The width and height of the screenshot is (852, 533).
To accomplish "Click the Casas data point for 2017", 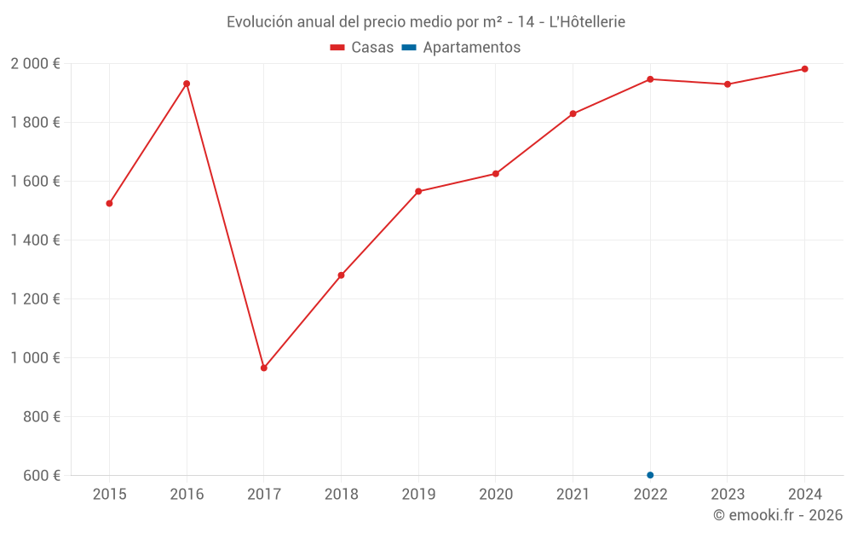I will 264,368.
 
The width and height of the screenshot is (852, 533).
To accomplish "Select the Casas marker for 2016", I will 187,84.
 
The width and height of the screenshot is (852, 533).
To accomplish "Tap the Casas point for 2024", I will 804,69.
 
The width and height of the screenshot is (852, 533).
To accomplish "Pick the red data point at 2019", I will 418,191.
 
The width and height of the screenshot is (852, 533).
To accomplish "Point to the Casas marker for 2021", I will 573,113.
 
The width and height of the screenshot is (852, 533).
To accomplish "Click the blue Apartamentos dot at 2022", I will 650,475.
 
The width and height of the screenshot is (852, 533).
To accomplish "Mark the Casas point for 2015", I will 109,204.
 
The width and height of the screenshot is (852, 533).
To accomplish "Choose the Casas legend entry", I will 362,48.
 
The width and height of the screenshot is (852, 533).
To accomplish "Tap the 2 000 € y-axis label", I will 35,64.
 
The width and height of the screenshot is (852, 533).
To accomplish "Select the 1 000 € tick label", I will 35,358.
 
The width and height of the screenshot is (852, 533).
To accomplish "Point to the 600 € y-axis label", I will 41,476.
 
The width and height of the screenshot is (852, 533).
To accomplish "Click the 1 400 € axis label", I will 35,240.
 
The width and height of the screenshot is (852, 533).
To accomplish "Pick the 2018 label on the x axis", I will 341,495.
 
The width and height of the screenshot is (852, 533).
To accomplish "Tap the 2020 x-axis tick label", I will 496,495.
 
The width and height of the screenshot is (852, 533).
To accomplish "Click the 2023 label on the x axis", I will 727,495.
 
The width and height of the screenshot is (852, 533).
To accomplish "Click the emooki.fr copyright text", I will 777,515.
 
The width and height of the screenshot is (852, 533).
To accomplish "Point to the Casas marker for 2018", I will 341,275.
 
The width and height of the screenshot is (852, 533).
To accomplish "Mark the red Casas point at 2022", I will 650,79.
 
